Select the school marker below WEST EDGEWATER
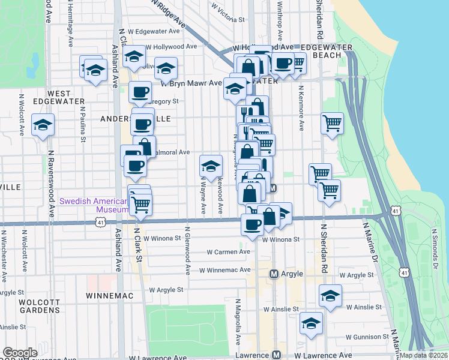43,125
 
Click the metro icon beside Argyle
274,274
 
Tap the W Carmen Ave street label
228,252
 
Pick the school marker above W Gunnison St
311,324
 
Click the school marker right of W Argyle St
330,296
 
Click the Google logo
19,353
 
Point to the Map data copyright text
423,355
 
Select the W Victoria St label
228,13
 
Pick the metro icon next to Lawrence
277,355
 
